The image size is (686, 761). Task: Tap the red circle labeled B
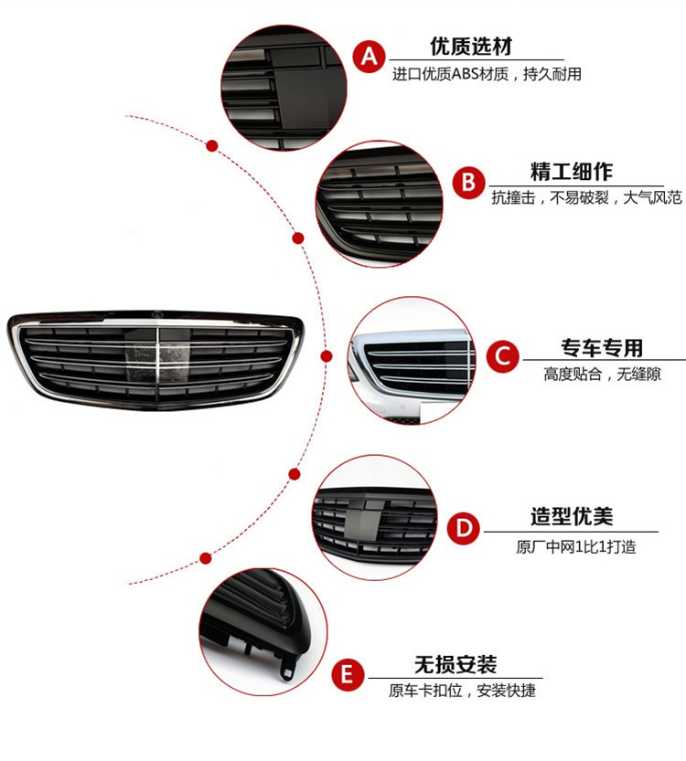coord(468,183)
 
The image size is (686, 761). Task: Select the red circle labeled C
coord(502,355)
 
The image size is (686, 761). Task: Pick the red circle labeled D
coord(464,527)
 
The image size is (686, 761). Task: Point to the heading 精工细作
coord(572,172)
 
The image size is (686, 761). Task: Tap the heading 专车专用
coord(601,347)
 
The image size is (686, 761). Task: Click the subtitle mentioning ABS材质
coord(487,75)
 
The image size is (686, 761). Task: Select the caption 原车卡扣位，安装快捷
coord(462,692)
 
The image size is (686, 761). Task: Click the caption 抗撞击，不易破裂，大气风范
coord(586,197)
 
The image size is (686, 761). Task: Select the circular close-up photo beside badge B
coord(379,204)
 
